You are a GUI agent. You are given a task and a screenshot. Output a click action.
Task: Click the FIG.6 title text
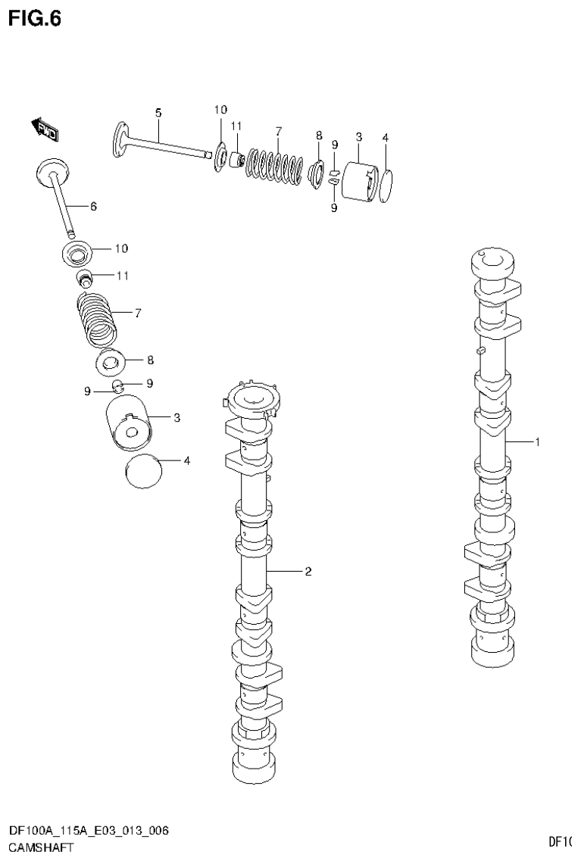[34, 18]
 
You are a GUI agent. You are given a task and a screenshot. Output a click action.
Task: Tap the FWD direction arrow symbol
[45, 129]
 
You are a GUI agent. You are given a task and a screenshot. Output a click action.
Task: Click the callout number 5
[158, 113]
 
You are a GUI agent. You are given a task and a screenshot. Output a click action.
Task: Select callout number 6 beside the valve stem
[93, 206]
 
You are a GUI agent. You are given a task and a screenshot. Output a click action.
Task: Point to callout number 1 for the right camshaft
[537, 442]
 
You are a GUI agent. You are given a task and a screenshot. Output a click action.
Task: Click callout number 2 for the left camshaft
[308, 572]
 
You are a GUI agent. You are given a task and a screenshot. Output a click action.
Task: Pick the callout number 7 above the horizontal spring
[278, 130]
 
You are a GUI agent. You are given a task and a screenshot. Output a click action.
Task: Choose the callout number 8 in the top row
[319, 135]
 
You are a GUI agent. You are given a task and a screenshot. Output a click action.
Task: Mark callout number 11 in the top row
[236, 126]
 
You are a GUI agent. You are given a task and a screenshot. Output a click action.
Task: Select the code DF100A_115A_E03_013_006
[88, 831]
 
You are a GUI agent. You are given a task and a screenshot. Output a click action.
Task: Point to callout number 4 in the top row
[386, 138]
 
